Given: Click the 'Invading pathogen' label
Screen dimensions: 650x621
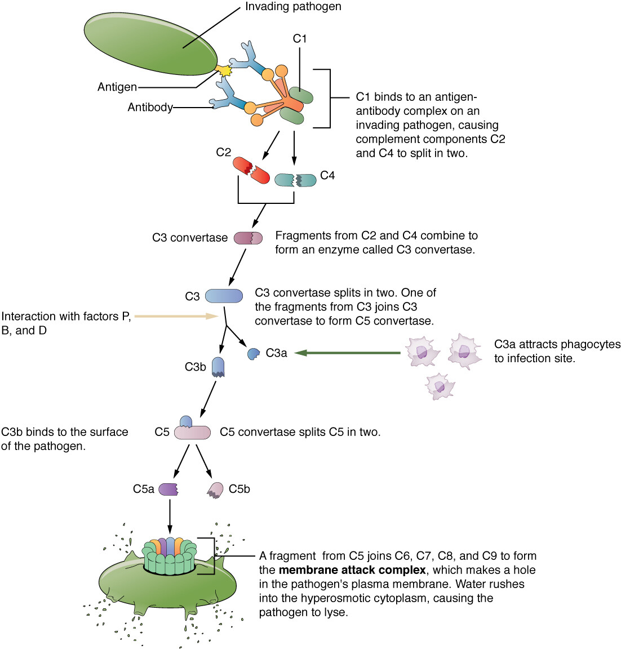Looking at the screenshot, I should pyautogui.click(x=293, y=7).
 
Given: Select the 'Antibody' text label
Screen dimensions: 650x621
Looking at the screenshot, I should pyautogui.click(x=150, y=107).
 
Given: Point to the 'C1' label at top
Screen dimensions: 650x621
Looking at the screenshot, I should pyautogui.click(x=300, y=38).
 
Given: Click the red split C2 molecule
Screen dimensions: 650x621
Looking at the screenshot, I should pyautogui.click(x=251, y=170).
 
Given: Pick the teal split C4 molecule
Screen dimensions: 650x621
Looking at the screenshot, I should pyautogui.click(x=295, y=180).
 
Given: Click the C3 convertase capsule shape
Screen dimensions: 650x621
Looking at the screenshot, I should pyautogui.click(x=248, y=238).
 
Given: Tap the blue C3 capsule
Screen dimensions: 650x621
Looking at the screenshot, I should pyautogui.click(x=224, y=296).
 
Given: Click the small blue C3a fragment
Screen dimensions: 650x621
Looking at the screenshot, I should pyautogui.click(x=254, y=354).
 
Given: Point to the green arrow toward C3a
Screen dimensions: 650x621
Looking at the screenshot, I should pyautogui.click(x=347, y=353).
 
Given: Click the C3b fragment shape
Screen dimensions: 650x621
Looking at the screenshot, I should pyautogui.click(x=219, y=367).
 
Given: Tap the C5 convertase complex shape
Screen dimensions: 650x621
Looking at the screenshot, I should pyautogui.click(x=192, y=430).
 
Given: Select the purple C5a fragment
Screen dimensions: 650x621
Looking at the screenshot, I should pyautogui.click(x=168, y=489).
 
